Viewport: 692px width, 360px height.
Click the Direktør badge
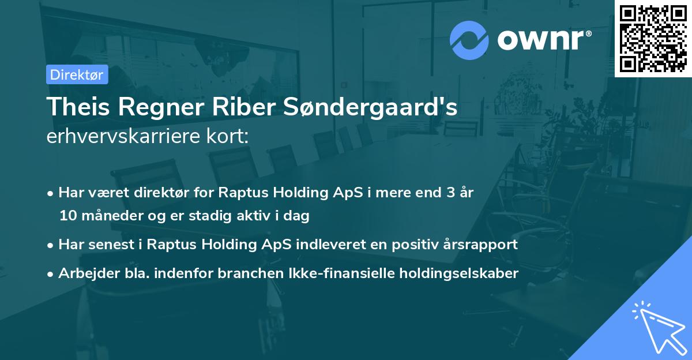tap(77, 74)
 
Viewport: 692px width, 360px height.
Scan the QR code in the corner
tap(653, 38)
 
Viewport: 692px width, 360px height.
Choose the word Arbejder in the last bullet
tap(84, 273)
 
